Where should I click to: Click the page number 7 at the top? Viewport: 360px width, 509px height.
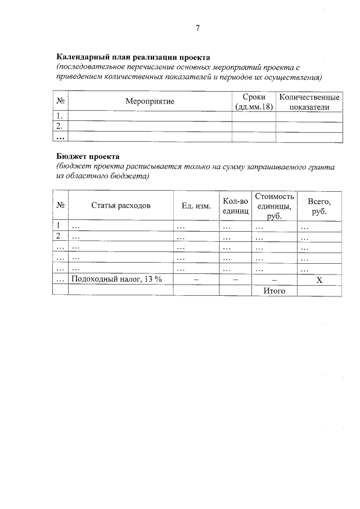click(x=197, y=28)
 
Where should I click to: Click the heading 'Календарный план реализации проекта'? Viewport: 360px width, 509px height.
click(x=133, y=57)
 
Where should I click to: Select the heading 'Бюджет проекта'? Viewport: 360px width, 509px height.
click(x=88, y=156)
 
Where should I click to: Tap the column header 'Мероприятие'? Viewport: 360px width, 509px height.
click(x=150, y=101)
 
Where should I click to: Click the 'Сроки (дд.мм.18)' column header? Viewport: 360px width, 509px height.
click(x=254, y=101)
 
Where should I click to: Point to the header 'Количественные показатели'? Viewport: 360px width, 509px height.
click(x=309, y=101)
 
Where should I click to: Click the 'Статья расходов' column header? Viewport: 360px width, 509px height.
click(x=120, y=205)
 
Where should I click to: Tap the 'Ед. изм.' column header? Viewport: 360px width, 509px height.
click(x=196, y=205)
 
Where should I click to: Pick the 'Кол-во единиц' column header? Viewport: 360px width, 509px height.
click(x=235, y=205)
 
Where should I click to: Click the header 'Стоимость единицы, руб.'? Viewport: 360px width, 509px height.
click(x=274, y=205)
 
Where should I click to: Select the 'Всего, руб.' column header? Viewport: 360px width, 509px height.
click(x=319, y=205)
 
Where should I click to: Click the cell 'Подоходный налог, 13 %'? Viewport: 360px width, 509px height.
click(x=116, y=280)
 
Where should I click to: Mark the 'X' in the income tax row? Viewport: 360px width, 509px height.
click(x=319, y=280)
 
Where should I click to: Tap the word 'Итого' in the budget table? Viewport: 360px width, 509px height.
click(x=274, y=290)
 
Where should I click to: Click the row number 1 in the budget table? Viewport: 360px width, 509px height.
click(x=58, y=227)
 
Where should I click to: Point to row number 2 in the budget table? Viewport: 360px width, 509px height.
click(x=58, y=237)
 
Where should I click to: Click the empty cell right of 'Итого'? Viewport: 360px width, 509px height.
click(x=319, y=290)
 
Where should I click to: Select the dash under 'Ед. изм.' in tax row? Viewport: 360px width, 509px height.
click(x=196, y=280)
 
